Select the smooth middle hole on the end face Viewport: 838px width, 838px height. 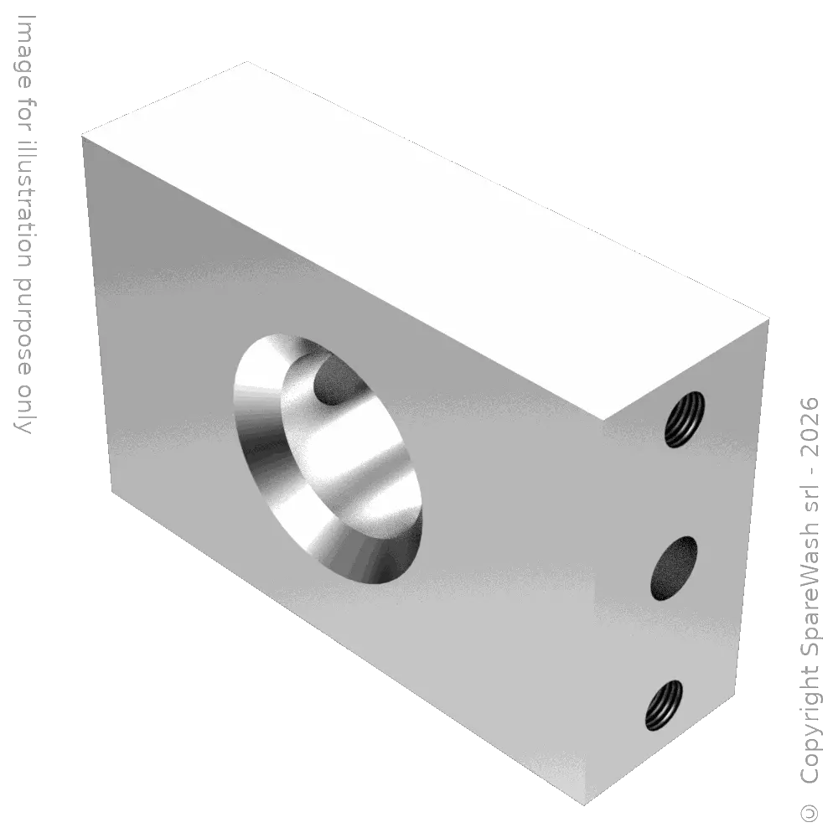point(675,569)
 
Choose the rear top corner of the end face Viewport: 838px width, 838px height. point(768,318)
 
